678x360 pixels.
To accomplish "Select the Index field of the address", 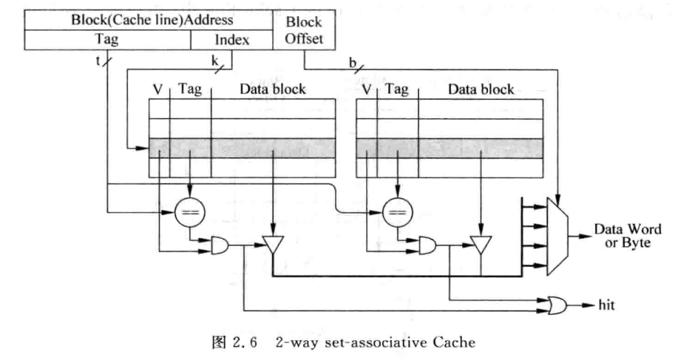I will (232, 39).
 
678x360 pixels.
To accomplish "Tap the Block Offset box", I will (304, 30).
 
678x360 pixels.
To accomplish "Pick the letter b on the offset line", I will (353, 64).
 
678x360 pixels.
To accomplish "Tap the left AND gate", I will (220, 246).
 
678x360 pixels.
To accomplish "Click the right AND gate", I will (428, 246).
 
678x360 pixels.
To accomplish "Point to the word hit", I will (606, 305).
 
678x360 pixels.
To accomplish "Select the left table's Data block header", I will (273, 89).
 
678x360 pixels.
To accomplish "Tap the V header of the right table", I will (366, 89).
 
